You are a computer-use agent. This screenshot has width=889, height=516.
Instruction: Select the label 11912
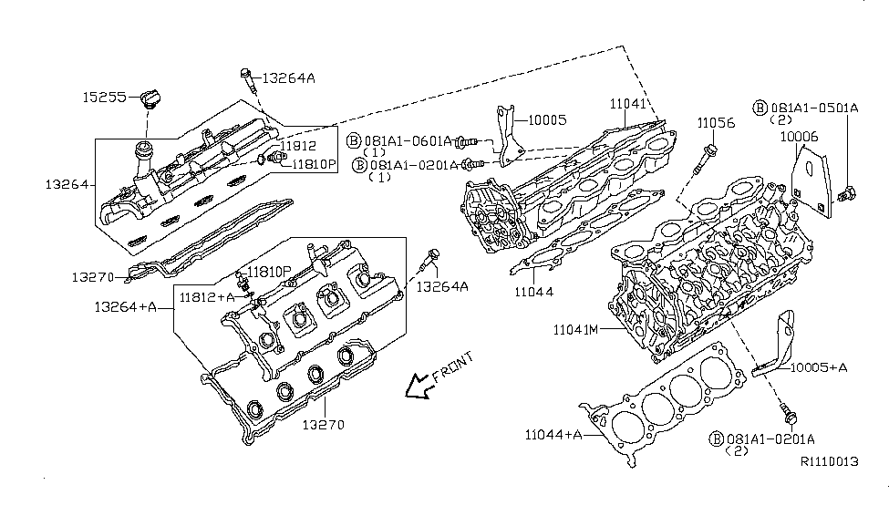pyautogui.click(x=297, y=146)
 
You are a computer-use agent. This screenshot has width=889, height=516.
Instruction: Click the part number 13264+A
pyautogui.click(x=125, y=307)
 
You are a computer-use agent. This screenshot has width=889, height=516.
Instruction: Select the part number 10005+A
pyautogui.click(x=818, y=367)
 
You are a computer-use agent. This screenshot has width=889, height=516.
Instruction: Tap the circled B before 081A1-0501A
pyautogui.click(x=760, y=108)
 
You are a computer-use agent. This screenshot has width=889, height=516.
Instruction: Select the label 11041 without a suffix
pyautogui.click(x=626, y=106)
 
